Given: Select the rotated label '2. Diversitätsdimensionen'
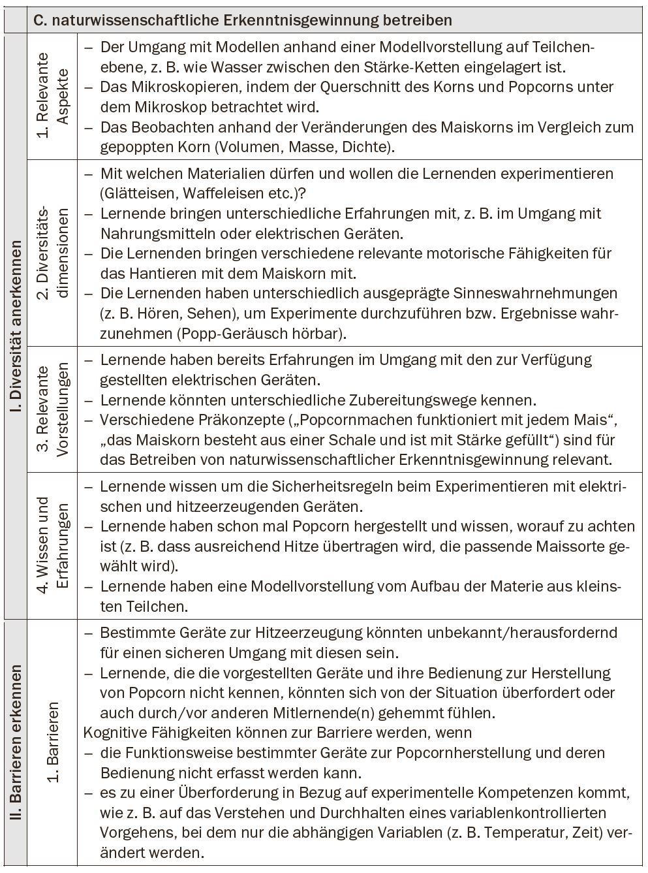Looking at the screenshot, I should point(52,253).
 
